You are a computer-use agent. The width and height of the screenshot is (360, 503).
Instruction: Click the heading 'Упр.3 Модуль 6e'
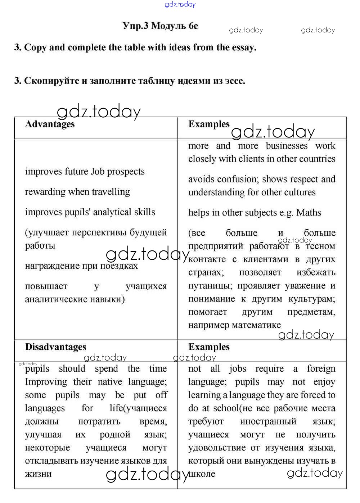[x=160, y=26]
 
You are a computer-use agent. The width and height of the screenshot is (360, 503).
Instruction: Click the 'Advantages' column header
[x=50, y=124]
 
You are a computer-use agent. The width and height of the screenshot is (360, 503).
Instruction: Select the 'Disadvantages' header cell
[x=55, y=347]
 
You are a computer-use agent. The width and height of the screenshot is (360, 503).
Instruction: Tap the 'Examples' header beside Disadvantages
[x=209, y=347]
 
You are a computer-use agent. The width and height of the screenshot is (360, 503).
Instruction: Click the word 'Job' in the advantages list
[x=97, y=172]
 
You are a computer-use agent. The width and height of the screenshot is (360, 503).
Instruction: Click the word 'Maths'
[x=309, y=213]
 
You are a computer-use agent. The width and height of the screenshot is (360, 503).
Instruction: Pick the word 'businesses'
[x=287, y=146]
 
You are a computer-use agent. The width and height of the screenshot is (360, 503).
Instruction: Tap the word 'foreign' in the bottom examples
[x=321, y=369]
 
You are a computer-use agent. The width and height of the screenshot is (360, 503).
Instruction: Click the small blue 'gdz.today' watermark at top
[x=180, y=4]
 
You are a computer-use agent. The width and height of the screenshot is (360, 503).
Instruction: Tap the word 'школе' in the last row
[x=202, y=474]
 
